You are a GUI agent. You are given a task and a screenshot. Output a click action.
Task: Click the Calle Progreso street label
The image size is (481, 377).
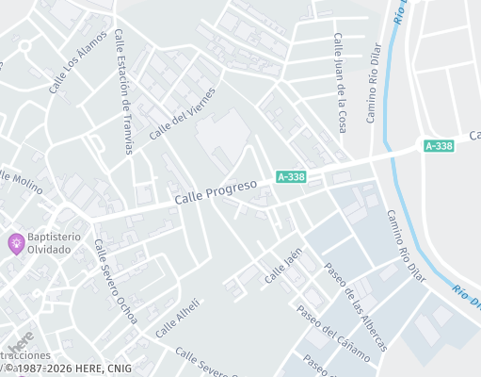point(216,194)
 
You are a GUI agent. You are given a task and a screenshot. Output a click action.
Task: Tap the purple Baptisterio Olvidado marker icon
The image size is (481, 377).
point(16,243)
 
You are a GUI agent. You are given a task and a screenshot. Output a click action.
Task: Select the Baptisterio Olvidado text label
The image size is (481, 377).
point(54,243)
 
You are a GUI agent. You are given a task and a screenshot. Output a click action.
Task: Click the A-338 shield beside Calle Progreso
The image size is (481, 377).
point(290,176)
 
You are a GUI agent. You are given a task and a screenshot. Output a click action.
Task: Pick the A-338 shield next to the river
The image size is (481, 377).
point(438,146)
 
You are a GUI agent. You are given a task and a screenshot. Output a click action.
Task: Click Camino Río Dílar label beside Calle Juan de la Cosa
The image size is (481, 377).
point(373,95)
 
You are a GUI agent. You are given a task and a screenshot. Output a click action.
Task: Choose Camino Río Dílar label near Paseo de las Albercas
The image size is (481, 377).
point(406,245)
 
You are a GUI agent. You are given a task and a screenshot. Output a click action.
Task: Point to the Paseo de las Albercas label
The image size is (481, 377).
point(354,305)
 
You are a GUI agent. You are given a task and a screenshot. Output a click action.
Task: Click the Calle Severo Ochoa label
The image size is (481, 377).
point(114,281)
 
